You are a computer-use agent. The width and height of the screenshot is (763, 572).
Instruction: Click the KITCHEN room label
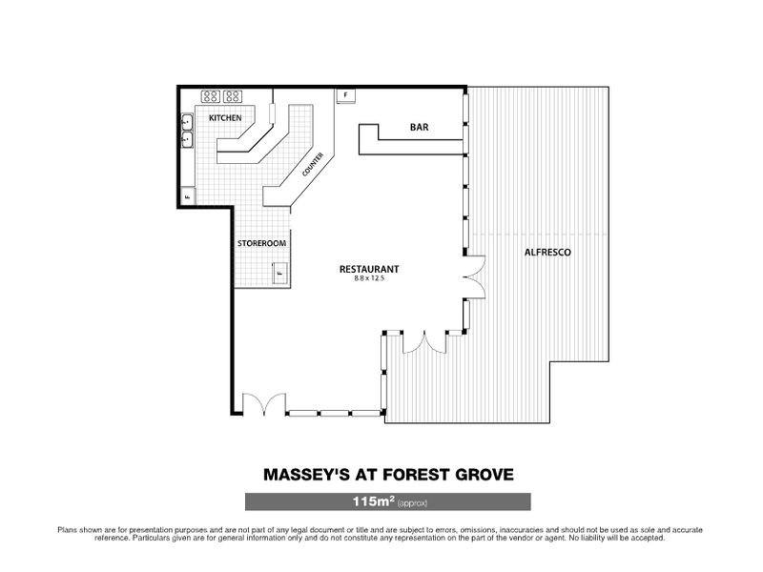225,117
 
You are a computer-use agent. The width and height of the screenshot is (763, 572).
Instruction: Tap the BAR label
419,127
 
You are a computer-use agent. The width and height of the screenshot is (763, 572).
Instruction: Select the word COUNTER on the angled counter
312,166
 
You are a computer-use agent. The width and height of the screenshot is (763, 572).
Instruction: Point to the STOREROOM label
261,244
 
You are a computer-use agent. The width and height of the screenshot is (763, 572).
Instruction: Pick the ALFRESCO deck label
547,253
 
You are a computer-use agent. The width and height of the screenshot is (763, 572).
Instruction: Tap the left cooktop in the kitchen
210,95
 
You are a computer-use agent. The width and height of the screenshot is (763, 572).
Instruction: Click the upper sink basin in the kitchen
188,122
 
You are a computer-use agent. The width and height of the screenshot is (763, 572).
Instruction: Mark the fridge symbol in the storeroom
281,273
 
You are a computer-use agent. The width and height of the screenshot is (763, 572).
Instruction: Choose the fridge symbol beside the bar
345,95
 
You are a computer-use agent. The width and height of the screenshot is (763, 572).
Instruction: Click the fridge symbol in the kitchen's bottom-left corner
187,197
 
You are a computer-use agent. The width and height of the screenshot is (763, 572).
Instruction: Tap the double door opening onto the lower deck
423,342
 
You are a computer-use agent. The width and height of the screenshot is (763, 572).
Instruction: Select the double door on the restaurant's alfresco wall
474,277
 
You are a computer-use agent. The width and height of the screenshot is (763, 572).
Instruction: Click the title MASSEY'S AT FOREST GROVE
386,474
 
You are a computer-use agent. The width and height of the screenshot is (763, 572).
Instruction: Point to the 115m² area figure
371,501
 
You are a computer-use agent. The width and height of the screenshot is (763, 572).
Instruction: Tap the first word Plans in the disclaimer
69,528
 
